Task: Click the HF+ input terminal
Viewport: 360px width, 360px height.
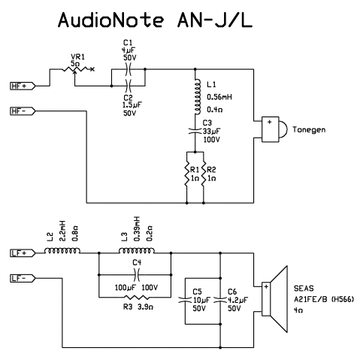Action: pyautogui.click(x=23, y=86)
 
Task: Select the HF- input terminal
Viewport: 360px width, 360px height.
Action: pyautogui.click(x=23, y=111)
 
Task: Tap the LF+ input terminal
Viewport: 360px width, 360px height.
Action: pyautogui.click(x=23, y=253)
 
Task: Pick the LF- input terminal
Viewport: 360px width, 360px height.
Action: pyautogui.click(x=23, y=278)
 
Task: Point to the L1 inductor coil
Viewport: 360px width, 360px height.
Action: pyautogui.click(x=197, y=97)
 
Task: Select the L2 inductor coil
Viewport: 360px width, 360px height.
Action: pyautogui.click(x=62, y=250)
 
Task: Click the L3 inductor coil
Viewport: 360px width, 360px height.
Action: pyautogui.click(x=137, y=250)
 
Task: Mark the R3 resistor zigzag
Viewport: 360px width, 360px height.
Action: pyautogui.click(x=137, y=298)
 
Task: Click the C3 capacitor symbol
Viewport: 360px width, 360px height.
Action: pyautogui.click(x=195, y=131)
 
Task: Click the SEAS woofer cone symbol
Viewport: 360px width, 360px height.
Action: pyautogui.click(x=275, y=299)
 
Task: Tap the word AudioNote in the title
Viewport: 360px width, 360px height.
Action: pyautogui.click(x=111, y=20)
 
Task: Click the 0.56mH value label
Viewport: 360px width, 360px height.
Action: pyautogui.click(x=219, y=97)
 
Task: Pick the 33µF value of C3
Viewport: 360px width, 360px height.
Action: pyautogui.click(x=212, y=131)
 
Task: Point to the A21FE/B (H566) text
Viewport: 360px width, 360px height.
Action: pyautogui.click(x=324, y=299)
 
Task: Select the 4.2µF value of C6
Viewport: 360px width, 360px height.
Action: pyautogui.click(x=237, y=300)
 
